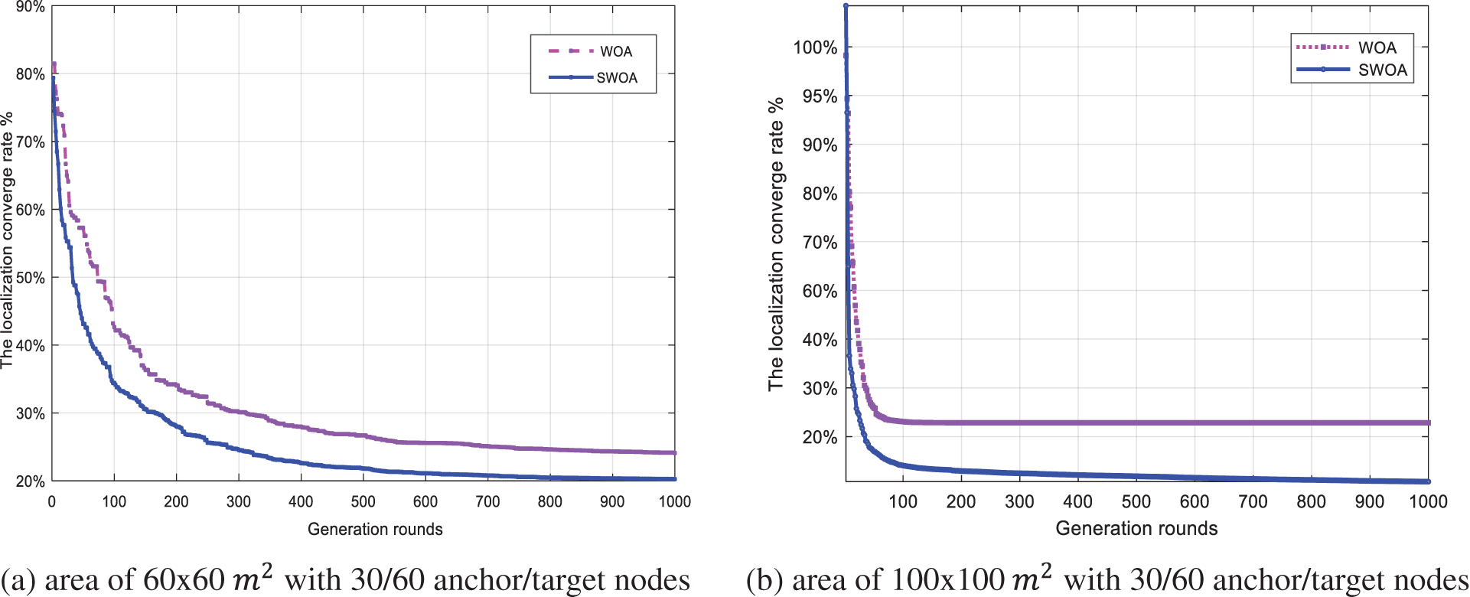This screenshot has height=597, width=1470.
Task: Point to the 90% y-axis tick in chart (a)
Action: click(31, 7)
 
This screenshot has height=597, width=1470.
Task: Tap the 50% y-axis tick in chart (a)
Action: click(31, 278)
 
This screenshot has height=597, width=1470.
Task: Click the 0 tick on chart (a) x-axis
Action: click(52, 501)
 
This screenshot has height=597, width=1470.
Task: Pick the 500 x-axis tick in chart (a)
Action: click(363, 501)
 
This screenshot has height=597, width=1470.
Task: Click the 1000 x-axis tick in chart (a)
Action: click(673, 501)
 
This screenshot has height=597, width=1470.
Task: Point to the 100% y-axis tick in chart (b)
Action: click(815, 47)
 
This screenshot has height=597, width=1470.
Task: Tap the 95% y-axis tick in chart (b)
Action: click(820, 96)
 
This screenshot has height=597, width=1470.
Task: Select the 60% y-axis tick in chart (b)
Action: click(820, 291)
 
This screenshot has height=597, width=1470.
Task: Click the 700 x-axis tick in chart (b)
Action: click(1253, 501)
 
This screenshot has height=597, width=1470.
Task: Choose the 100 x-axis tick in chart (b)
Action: click(903, 501)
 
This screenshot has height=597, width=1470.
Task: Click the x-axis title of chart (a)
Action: click(375, 529)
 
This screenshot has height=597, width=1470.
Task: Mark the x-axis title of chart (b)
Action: click(1136, 528)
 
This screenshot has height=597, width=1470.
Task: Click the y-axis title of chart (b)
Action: click(777, 243)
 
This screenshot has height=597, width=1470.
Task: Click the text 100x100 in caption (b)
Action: click(947, 579)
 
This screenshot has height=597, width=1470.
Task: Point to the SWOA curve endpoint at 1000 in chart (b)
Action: click(1428, 481)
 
